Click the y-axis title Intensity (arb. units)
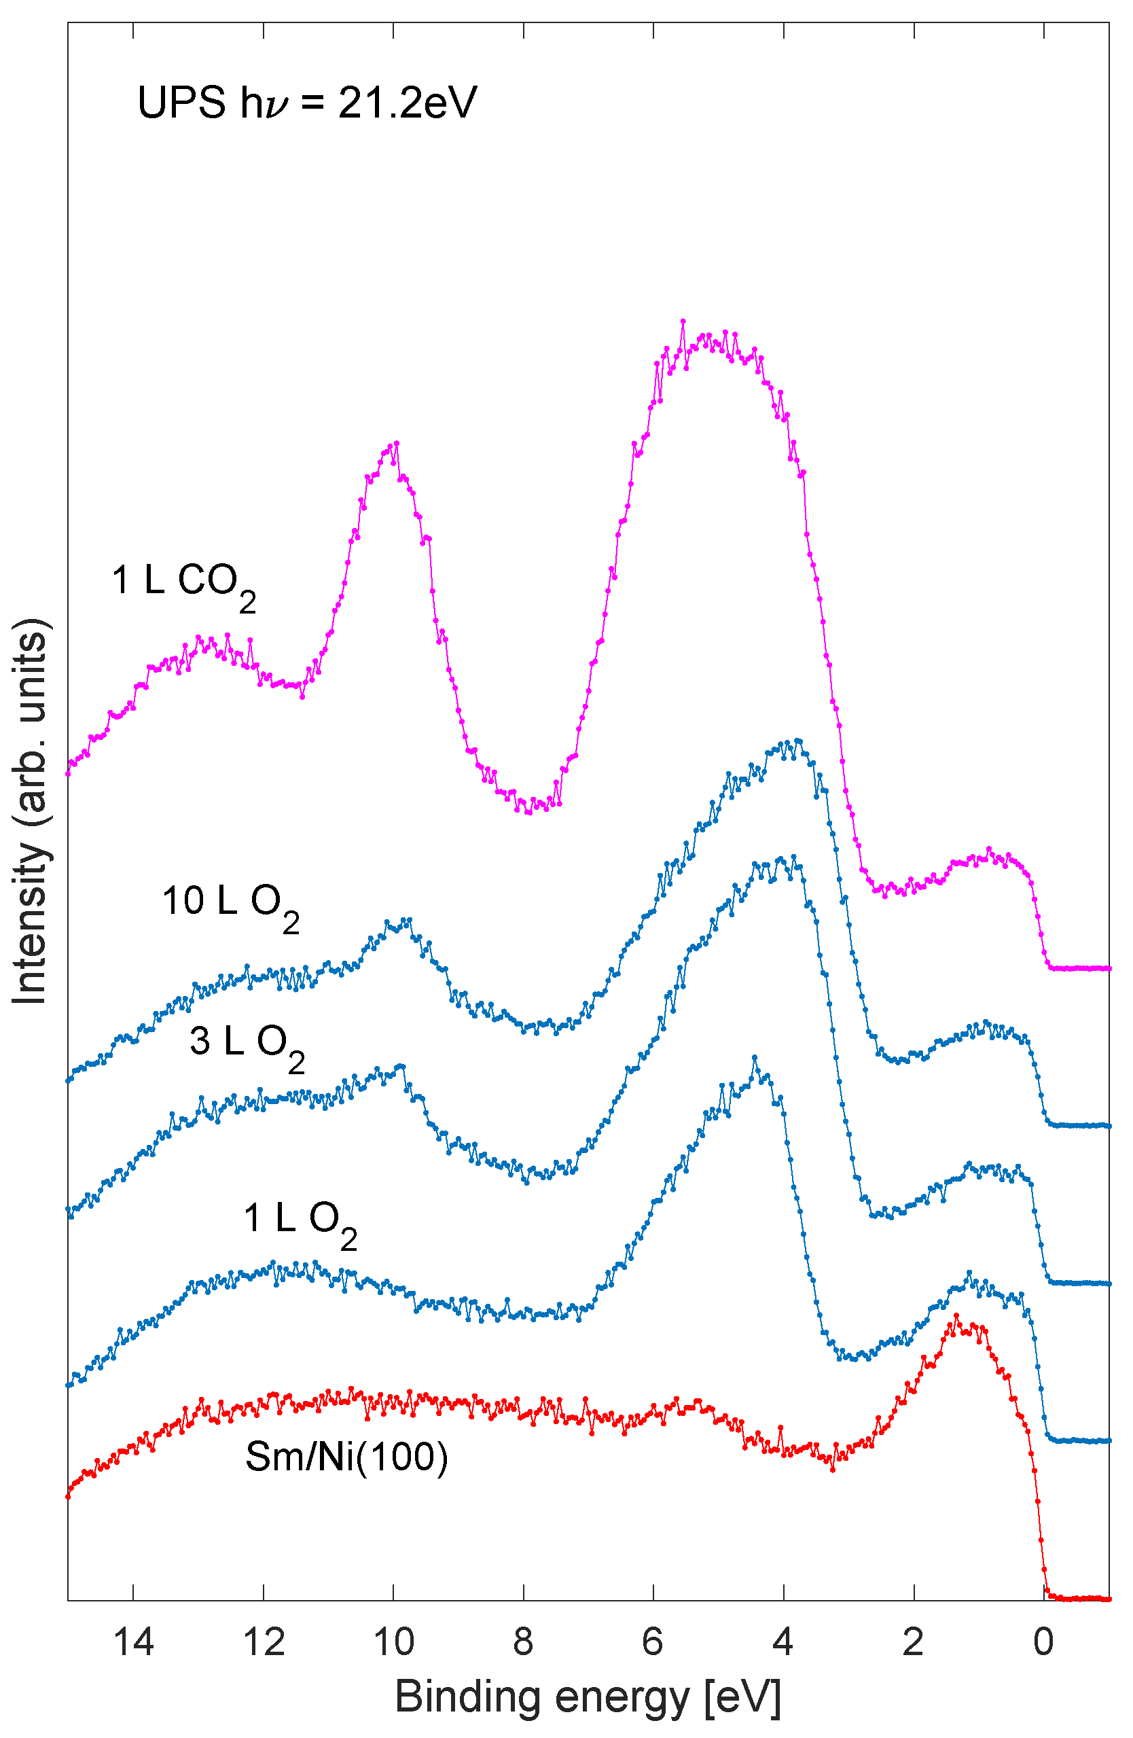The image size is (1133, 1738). (31, 811)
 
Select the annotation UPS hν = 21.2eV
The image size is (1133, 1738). (306, 102)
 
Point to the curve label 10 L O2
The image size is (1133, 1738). (230, 905)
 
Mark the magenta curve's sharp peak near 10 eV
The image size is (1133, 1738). (397, 443)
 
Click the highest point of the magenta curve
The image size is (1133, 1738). (683, 321)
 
